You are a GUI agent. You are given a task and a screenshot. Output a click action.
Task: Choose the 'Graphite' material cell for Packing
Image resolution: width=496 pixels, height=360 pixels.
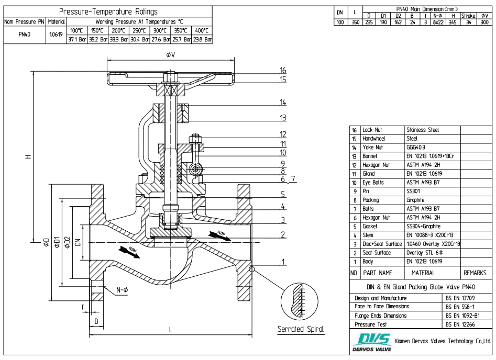click(417, 200)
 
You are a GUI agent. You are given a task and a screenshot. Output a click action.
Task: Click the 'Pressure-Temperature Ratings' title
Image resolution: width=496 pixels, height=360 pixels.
click(108, 12)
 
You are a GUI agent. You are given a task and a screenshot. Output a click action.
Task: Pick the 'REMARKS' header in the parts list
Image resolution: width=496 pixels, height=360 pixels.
click(475, 273)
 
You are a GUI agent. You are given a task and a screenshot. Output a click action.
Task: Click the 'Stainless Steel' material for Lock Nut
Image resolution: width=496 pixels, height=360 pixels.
click(424, 130)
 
